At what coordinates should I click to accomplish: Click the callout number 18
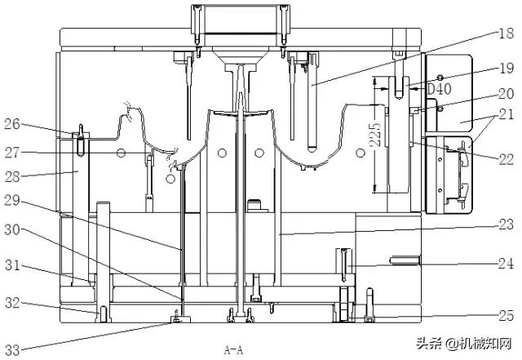[506, 33]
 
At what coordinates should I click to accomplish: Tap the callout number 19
[507, 69]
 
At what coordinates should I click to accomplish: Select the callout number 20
[506, 94]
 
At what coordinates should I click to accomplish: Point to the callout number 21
[507, 114]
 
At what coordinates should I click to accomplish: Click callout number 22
[507, 160]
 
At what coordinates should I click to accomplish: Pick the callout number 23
[506, 224]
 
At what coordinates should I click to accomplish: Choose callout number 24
[506, 264]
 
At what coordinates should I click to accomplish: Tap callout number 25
[506, 315]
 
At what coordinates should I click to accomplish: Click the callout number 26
[12, 124]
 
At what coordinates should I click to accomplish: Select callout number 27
[12, 153]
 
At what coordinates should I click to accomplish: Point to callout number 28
[12, 176]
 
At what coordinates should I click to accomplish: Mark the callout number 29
[12, 200]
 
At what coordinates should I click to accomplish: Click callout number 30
[12, 229]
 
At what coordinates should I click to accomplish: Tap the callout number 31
[12, 265]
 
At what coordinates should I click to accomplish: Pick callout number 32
[12, 303]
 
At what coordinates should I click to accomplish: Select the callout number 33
[12, 350]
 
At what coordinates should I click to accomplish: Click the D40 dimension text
[439, 89]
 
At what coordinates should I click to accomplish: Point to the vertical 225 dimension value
[376, 135]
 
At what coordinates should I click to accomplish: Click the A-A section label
[233, 350]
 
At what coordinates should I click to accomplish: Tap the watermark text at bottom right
[464, 344]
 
